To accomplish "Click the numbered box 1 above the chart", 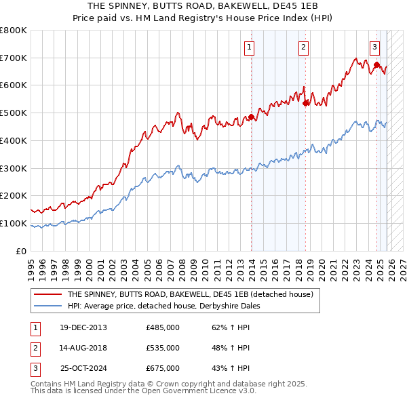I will click(x=250, y=47).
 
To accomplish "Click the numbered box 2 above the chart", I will click(x=303, y=47).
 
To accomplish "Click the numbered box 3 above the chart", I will click(x=374, y=47).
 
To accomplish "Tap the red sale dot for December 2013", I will click(x=251, y=117).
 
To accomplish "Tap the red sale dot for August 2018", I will click(x=305, y=103).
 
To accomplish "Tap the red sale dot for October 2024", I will click(x=376, y=65).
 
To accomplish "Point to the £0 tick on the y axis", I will click(x=20, y=251).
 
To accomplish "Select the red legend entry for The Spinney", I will click(x=190, y=295).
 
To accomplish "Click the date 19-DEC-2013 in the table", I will click(x=83, y=327).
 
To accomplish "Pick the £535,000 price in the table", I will click(x=163, y=348).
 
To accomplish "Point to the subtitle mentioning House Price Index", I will click(x=203, y=18).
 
